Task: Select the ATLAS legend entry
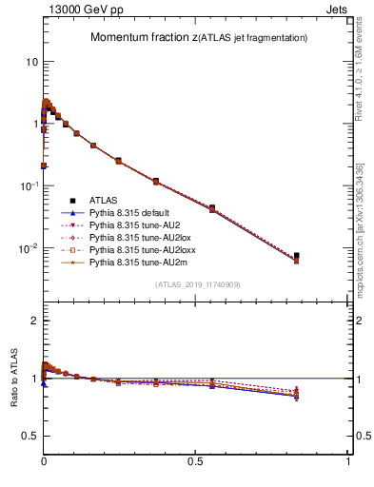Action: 104,200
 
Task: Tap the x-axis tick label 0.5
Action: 196,460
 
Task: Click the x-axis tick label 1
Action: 348,460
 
